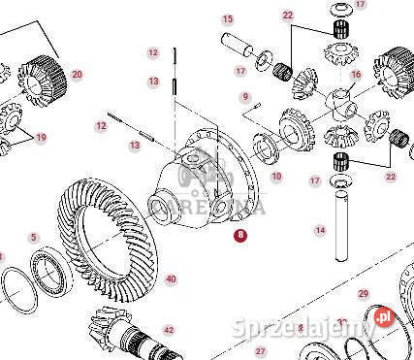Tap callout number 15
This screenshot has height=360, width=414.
[228, 19]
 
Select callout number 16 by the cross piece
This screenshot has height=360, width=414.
[355, 75]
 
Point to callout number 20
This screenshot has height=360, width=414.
[77, 75]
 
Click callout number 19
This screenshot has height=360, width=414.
[40, 138]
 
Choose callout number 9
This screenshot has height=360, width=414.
[247, 96]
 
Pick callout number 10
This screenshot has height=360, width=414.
[276, 177]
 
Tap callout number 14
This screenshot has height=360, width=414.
[319, 231]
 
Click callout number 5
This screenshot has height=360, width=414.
[33, 238]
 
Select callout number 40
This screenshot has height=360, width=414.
[171, 279]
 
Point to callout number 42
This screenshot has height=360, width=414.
[169, 331]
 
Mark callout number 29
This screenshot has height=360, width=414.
[363, 293]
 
